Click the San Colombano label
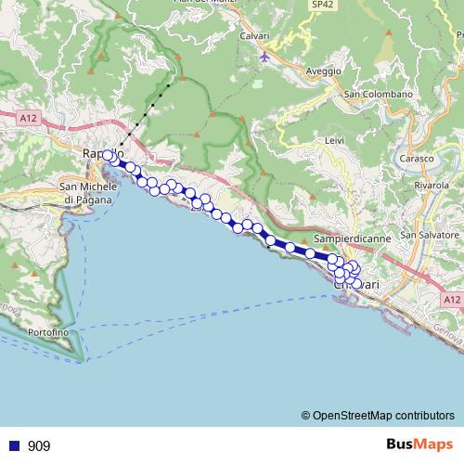pyautogui.click(x=378, y=95)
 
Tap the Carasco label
pyautogui.click(x=417, y=159)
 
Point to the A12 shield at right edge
pyautogui.click(x=451, y=300)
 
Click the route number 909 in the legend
pyautogui.click(x=39, y=446)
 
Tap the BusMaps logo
pyautogui.click(x=419, y=445)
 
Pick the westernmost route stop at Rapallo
pyautogui.click(x=109, y=155)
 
